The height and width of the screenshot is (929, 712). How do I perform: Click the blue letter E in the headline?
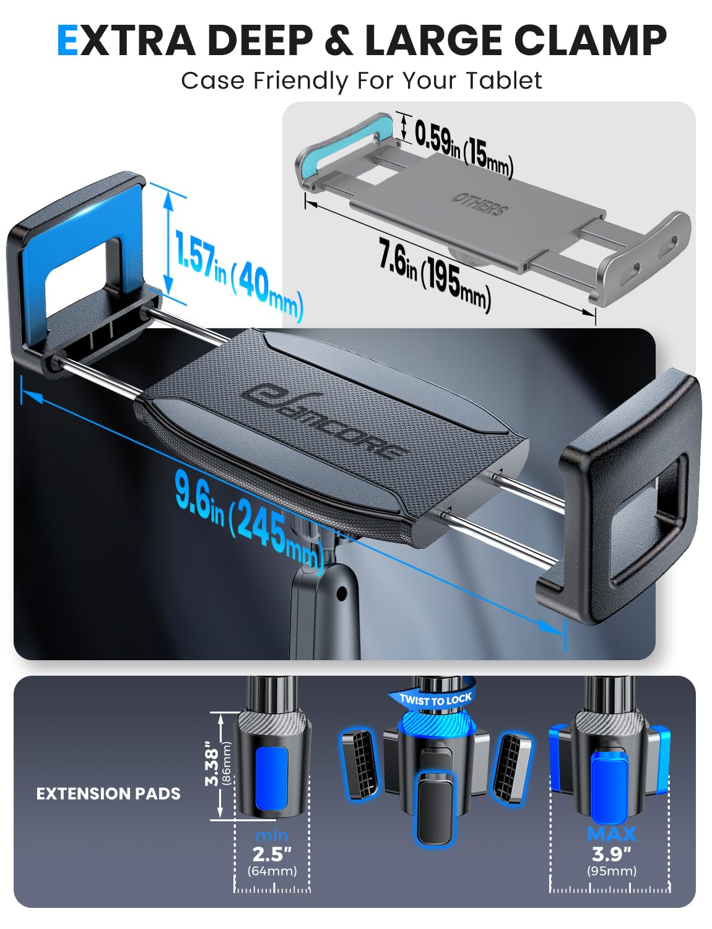click(67, 40)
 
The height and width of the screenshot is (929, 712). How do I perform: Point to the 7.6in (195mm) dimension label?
click(435, 274)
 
